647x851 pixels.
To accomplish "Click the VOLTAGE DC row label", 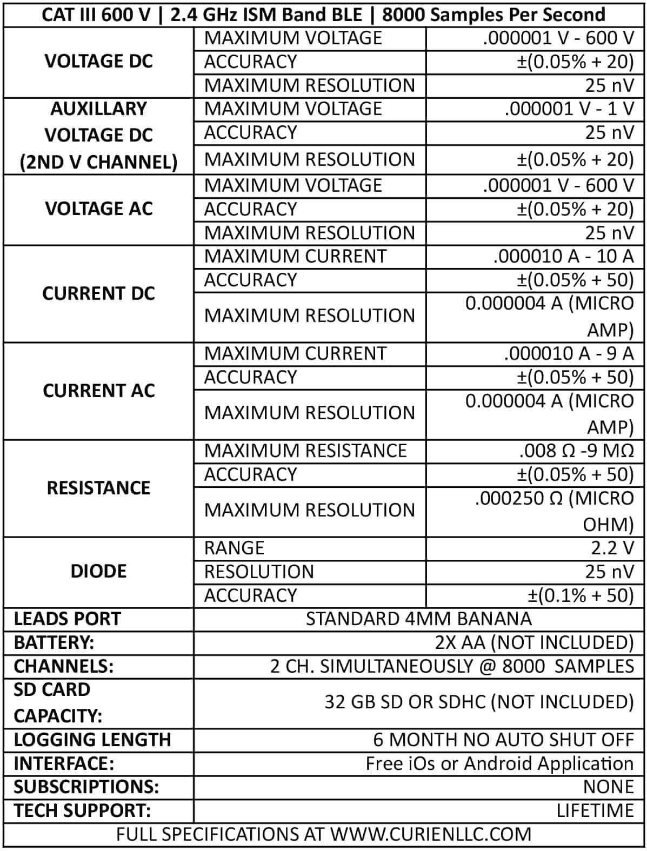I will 98,62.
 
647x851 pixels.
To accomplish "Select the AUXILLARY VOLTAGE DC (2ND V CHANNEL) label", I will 98,135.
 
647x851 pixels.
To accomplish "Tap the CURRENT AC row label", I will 98,391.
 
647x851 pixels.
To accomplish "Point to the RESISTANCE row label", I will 98,488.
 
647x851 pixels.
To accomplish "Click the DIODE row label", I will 98,571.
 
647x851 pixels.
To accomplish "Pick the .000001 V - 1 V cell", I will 569,109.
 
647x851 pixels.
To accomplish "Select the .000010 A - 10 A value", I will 563,256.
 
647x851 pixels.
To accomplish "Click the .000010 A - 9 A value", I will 568,353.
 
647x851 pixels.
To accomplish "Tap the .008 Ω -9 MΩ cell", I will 576,451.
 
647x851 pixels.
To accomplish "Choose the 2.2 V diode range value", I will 612,548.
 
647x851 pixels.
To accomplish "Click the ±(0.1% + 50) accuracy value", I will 580,595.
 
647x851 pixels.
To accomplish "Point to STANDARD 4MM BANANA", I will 418,619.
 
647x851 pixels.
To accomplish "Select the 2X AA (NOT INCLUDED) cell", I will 534,642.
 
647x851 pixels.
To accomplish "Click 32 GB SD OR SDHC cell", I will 478,702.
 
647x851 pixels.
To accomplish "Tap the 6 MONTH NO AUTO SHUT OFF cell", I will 503,739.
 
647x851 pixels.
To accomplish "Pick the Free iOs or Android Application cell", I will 499,763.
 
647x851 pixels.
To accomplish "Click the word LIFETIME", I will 595,810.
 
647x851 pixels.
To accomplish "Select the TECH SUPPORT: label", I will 82,810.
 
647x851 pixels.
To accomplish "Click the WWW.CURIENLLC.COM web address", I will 431,834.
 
